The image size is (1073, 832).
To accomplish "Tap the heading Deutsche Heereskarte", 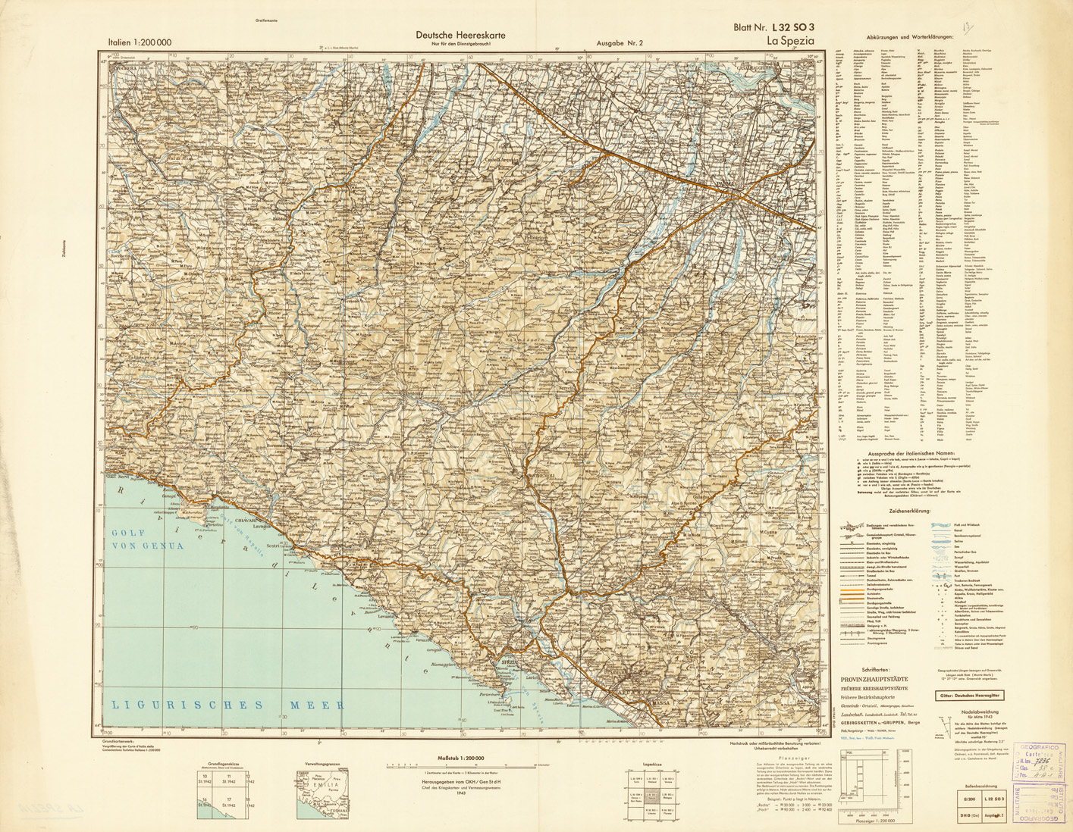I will point(460,35).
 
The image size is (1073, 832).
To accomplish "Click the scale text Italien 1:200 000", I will point(140,42).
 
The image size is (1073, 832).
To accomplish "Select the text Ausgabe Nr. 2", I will point(620,43).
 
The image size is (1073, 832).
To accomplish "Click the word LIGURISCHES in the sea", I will point(189,705).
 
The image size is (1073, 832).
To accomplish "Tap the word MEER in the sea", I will point(317,705).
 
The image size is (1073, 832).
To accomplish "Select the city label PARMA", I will point(724,183).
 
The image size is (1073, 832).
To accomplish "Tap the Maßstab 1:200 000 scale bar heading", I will point(461,758).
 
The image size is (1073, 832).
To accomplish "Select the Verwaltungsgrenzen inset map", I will point(324,792).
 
